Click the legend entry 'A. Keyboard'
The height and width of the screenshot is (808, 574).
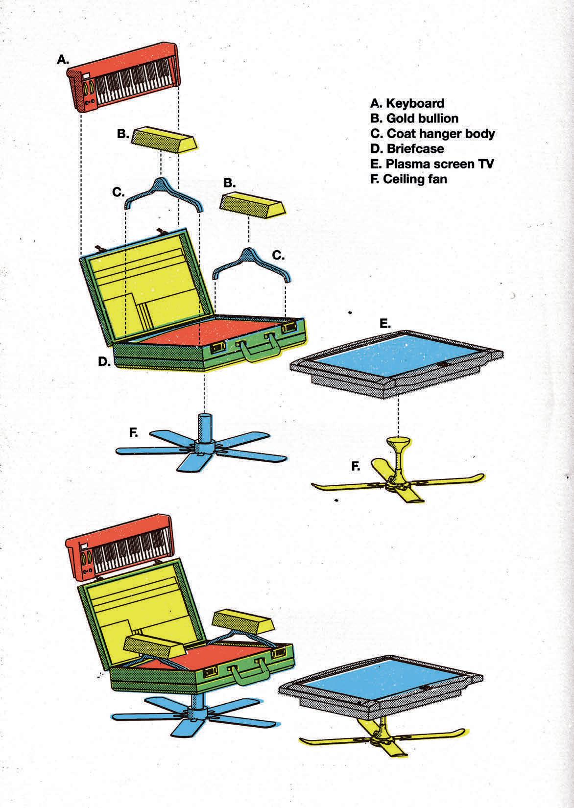point(407,103)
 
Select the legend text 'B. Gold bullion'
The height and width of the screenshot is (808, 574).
point(414,119)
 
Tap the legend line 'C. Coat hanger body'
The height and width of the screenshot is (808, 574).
point(432,134)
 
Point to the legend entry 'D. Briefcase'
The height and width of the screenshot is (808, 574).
point(407,148)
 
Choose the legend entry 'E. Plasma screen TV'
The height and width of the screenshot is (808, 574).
point(432,164)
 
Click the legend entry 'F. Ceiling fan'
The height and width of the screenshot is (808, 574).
point(408,179)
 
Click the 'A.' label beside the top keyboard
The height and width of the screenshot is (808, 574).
point(63,60)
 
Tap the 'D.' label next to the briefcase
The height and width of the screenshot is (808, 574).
point(104,361)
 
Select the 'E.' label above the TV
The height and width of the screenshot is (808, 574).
point(385,324)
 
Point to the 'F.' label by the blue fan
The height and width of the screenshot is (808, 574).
point(134,432)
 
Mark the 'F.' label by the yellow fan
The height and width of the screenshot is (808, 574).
point(356,467)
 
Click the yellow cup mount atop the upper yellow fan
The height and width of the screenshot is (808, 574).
point(398,442)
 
